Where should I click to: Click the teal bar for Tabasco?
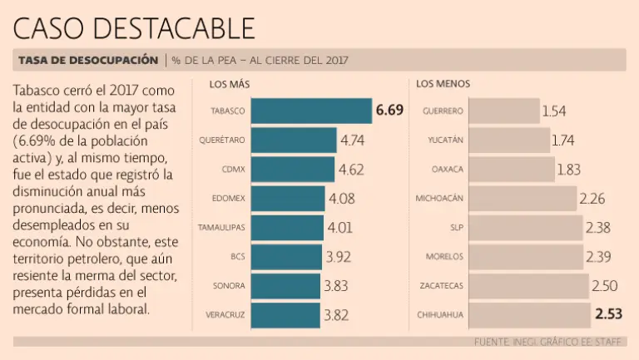310,111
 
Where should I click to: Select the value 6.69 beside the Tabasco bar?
389,111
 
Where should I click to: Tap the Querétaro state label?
222,140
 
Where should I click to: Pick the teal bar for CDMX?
292,170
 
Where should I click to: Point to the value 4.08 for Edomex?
341,199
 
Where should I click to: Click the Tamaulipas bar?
286,228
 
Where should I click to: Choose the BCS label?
237,257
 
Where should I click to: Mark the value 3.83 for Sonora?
336,286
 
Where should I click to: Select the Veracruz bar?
285,315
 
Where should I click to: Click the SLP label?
455,228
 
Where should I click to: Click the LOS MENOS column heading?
443,84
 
